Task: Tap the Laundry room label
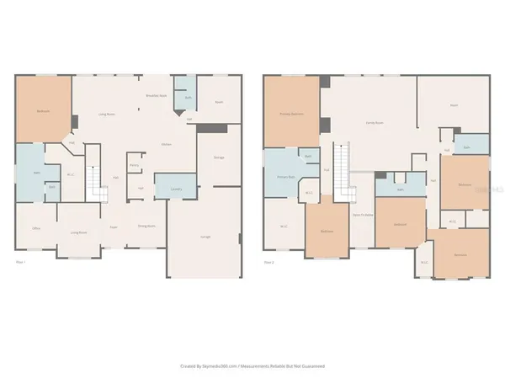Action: pos(176,189)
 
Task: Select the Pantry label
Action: pos(135,167)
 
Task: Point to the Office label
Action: pos(37,228)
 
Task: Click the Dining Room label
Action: pos(145,227)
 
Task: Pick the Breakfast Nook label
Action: pos(153,97)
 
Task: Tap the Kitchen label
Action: pos(167,144)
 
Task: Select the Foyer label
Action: pos(114,227)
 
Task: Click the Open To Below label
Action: pos(362,215)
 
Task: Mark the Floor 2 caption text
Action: pos(268,262)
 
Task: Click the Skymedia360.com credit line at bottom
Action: pos(252,366)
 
